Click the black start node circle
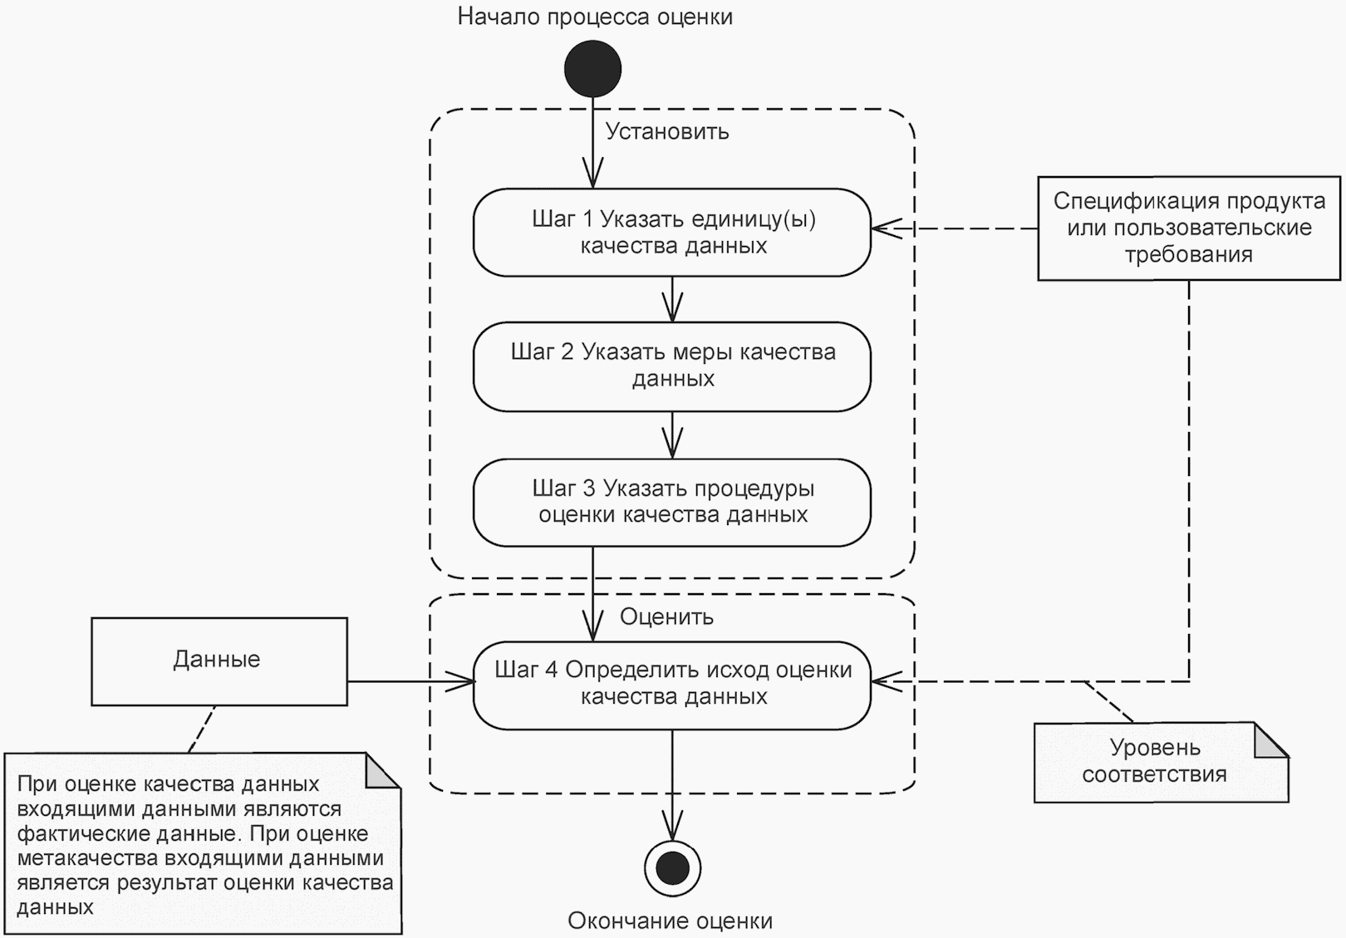tap(592, 69)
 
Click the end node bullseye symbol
tap(672, 868)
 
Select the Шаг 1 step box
tap(672, 233)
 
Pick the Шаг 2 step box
tap(672, 366)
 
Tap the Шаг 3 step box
tap(672, 502)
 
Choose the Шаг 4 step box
tap(672, 685)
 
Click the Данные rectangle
tap(219, 661)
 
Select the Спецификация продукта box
tap(1188, 228)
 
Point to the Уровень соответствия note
tap(1155, 763)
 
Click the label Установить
tap(667, 131)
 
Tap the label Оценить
tap(666, 616)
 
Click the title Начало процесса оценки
tap(595, 17)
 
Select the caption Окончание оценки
tap(670, 921)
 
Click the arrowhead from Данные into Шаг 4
tap(462, 682)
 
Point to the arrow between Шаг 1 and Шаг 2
tap(672, 299)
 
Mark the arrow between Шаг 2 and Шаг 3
tap(672, 435)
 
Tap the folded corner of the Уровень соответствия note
tap(1270, 740)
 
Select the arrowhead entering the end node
tap(672, 828)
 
